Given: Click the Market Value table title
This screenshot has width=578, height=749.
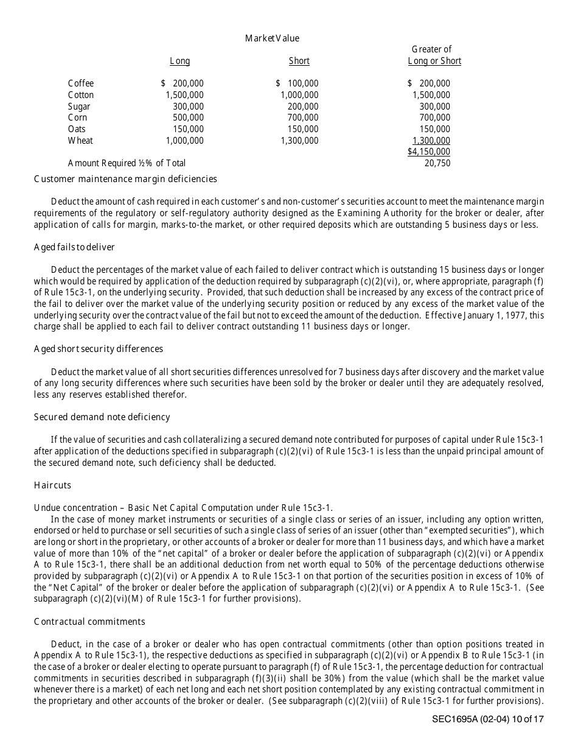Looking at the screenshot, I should click(x=272, y=38).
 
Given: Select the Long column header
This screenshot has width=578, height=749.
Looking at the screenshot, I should click(x=179, y=61).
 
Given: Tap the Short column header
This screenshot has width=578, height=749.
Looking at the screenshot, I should click(x=299, y=61).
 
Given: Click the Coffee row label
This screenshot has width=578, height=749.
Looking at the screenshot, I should click(x=81, y=83).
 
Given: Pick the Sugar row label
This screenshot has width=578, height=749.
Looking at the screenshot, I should click(x=79, y=107).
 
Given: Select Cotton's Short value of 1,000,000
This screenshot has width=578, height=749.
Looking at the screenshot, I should click(x=299, y=95).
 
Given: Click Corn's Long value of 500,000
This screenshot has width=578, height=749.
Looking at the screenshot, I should click(x=188, y=118).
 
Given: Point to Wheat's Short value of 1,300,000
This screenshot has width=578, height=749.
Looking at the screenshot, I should click(x=299, y=141).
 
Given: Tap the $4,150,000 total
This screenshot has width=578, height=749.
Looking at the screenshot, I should click(x=429, y=152).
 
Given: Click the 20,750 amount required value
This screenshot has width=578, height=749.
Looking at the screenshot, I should click(x=437, y=163).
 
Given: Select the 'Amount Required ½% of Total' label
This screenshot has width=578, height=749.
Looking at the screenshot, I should click(x=127, y=163).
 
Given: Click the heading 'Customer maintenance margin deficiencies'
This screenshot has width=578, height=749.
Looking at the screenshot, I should click(x=125, y=179).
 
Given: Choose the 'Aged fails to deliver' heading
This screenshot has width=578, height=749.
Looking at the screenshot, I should click(x=74, y=247).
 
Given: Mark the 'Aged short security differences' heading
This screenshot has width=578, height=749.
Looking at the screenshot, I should click(x=99, y=349).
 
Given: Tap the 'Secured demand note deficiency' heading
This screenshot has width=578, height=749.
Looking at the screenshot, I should click(x=102, y=417).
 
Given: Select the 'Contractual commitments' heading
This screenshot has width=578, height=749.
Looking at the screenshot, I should click(x=89, y=622).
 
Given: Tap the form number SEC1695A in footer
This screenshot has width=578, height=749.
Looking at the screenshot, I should click(x=454, y=719).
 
